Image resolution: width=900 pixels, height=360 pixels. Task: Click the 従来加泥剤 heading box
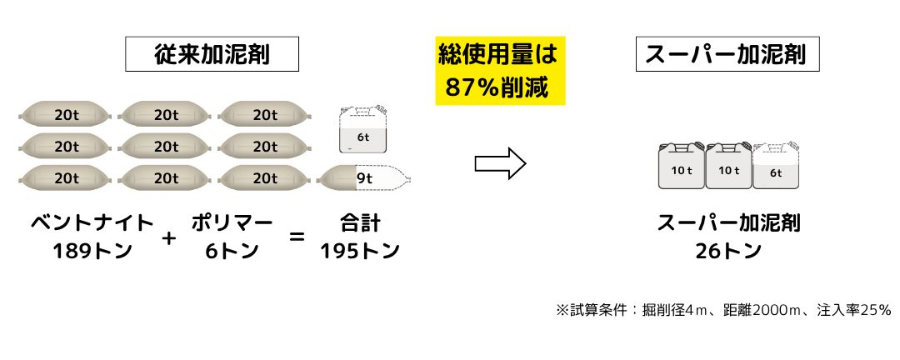(212, 54)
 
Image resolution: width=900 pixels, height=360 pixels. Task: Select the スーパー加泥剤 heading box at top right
(727, 54)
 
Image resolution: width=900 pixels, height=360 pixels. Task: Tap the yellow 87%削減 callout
(500, 71)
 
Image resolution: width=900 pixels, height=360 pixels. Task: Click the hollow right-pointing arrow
(500, 163)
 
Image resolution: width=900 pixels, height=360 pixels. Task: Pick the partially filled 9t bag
(364, 178)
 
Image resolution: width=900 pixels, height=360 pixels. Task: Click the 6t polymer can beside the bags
(363, 130)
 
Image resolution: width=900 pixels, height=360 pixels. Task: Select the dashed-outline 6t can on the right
(776, 165)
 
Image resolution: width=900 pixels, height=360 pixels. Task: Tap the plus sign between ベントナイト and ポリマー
(168, 237)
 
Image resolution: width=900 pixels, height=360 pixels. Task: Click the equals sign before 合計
(296, 236)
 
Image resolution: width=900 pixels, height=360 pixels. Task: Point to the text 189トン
(92, 251)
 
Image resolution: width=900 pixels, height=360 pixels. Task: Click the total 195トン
(360, 251)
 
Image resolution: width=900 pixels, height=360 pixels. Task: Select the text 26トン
(727, 251)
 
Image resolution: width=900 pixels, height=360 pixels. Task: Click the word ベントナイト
(92, 222)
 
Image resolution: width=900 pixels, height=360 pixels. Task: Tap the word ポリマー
(232, 222)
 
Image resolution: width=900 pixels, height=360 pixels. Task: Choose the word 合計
(360, 222)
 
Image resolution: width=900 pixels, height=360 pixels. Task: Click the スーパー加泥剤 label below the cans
(727, 222)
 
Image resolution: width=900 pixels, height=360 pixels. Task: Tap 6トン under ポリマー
(232, 251)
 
